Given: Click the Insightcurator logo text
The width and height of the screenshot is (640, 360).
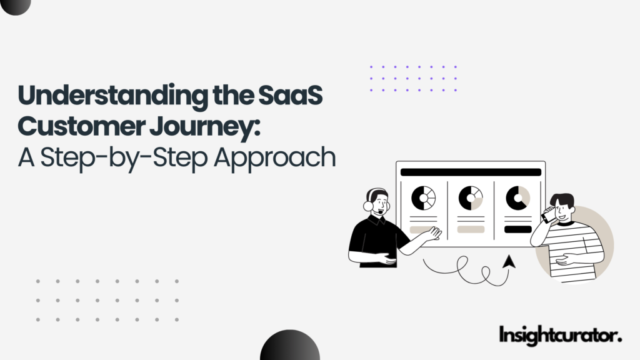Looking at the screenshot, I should [x=561, y=335].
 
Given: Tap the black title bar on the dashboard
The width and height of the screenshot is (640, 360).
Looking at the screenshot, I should [x=471, y=172].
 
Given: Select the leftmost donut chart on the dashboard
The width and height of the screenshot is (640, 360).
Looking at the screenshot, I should [x=423, y=198].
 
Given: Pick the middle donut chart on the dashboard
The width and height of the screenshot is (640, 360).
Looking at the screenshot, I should [x=471, y=198].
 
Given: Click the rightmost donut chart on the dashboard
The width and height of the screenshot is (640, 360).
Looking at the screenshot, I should [x=517, y=198].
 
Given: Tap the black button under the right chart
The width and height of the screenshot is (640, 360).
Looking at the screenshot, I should [x=517, y=229].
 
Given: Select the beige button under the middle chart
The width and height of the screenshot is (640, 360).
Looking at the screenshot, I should [x=471, y=229].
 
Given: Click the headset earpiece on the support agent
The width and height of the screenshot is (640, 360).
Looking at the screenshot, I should [x=367, y=204].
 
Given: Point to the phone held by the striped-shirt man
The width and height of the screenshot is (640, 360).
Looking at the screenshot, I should [x=546, y=216].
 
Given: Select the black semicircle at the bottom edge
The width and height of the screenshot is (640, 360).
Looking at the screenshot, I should [x=289, y=347].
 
